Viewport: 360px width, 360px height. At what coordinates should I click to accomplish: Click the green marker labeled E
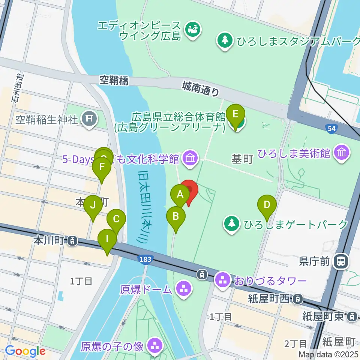pos(236,114)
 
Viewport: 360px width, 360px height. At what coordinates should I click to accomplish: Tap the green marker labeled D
pos(267,205)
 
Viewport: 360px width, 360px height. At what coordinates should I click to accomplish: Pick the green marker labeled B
pos(175,216)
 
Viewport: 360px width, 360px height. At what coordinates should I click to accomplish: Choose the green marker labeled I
pos(107,238)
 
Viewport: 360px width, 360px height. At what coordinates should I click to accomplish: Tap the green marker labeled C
pos(116,219)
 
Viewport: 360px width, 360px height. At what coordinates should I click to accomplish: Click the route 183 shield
pos(145,259)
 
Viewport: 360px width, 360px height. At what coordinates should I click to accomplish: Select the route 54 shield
pos(331,129)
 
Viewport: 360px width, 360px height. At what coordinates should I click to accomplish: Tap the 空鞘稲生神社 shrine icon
pos(90,119)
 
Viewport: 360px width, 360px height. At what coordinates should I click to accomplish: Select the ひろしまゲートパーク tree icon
pos(232,224)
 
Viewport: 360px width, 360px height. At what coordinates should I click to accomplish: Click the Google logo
pos(25,351)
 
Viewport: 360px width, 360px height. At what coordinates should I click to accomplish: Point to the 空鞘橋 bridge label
pos(114,79)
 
